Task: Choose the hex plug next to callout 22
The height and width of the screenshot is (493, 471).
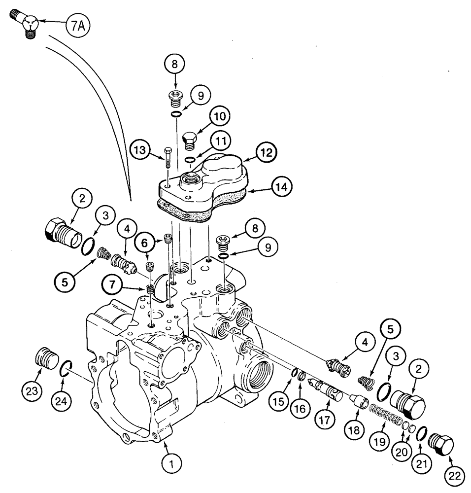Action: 441,443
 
